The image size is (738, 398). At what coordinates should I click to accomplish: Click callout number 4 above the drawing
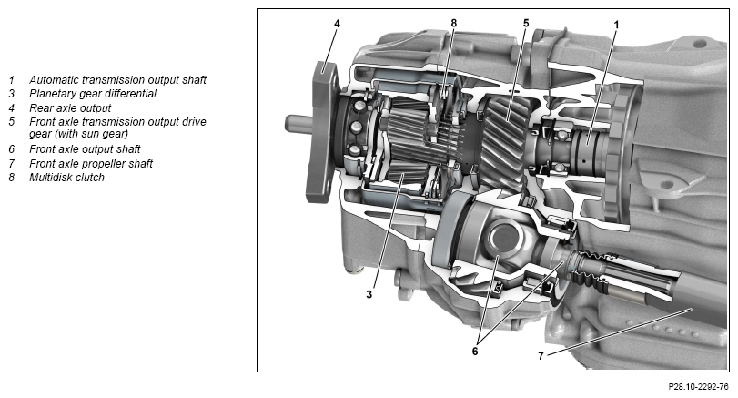337,23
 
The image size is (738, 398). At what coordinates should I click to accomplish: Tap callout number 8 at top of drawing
454,23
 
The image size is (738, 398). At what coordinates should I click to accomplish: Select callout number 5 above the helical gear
526,23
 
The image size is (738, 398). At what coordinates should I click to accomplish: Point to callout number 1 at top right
617,25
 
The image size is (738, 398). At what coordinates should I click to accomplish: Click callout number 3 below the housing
369,294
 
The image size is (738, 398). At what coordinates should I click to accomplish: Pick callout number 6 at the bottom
475,352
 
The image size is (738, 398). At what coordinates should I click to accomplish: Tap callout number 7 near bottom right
541,356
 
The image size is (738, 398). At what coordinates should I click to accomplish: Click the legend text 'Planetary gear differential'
93,94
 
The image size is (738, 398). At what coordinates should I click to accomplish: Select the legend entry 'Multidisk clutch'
66,178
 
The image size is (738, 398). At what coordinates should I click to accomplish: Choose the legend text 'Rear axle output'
70,107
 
